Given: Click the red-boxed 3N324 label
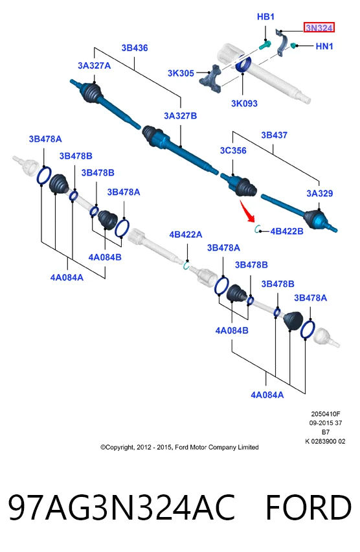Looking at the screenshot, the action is (x=319, y=27).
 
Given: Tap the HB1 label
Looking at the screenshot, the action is (x=265, y=17).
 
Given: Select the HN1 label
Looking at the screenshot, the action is (x=324, y=46).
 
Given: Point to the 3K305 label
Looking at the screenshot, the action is (x=181, y=73).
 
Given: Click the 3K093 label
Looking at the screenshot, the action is (x=244, y=104).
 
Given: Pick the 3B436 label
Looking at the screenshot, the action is (x=135, y=48).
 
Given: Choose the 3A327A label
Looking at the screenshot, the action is (x=95, y=65).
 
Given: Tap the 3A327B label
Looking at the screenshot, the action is (x=180, y=116).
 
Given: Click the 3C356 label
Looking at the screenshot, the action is (x=233, y=151).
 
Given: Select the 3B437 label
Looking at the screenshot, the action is (x=274, y=135).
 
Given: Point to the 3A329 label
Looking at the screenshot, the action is (x=319, y=193).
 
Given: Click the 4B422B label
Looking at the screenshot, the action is (x=287, y=231).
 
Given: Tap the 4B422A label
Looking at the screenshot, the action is (x=186, y=235).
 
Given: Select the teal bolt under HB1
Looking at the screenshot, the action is (x=265, y=45).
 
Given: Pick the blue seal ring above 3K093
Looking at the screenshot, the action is (x=243, y=63).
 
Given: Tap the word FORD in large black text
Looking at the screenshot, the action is (x=308, y=507).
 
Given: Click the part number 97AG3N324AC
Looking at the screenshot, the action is (x=122, y=507).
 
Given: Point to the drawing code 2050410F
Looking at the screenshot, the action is (x=326, y=414).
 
